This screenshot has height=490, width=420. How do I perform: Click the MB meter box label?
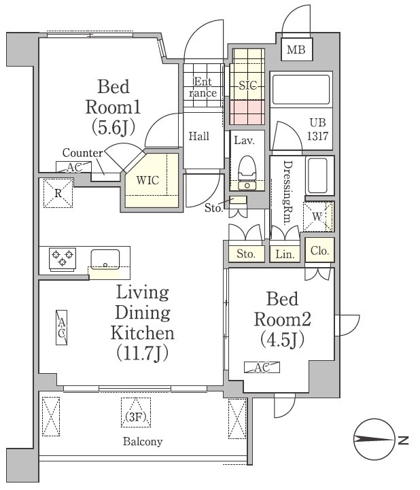(x=296, y=50)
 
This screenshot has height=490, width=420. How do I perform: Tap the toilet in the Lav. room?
(x=247, y=173)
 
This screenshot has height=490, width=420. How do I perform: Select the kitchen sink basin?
(x=105, y=260)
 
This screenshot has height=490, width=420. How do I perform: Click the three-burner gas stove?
(x=63, y=258)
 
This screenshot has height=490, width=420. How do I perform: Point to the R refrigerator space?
(x=58, y=193)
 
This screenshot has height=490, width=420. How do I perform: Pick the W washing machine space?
(x=317, y=217)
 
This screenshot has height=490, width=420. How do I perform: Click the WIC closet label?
(x=147, y=180)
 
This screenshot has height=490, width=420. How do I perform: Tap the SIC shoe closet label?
(x=248, y=85)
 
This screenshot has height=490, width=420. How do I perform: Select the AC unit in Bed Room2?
(x=262, y=367)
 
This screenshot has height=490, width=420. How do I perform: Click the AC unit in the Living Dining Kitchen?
(x=62, y=328)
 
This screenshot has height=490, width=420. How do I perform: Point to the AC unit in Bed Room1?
(x=74, y=167)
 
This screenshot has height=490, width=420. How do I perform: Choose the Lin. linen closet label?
(x=285, y=254)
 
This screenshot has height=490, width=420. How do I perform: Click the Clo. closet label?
(x=319, y=251)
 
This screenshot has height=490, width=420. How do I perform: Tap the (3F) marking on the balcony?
(x=136, y=417)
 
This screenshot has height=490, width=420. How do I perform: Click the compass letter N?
(x=404, y=440)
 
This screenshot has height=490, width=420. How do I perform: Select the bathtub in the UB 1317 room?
(x=301, y=89)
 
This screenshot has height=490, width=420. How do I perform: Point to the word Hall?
(x=199, y=136)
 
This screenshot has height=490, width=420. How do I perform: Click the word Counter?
(x=82, y=153)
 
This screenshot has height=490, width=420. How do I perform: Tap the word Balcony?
(x=143, y=442)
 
